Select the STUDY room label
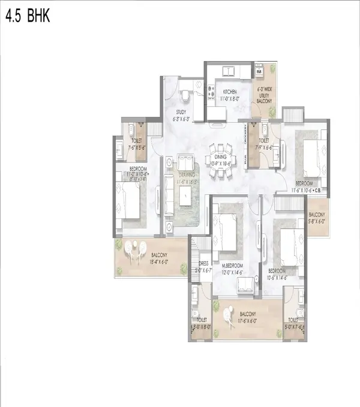tap(181, 112)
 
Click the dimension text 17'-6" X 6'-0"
tap(247, 321)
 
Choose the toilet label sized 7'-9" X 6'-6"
tap(263, 143)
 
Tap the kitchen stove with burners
tap(211, 91)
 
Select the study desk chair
tap(185, 94)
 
